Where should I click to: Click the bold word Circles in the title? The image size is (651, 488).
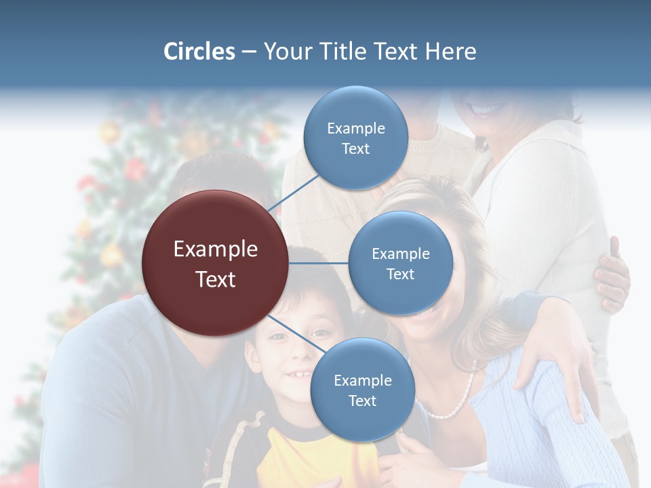click(199, 52)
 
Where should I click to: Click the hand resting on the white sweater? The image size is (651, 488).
click(612, 274)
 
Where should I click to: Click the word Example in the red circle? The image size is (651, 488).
click(215, 249)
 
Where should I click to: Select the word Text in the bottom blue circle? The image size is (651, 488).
click(362, 401)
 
